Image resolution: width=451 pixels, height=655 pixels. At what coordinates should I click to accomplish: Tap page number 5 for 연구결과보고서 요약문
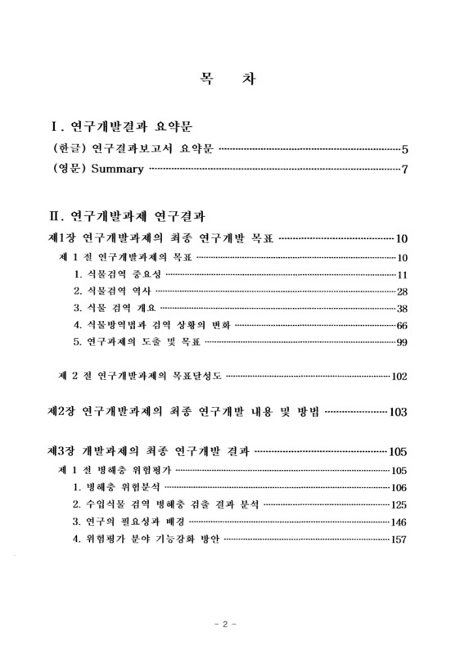404,150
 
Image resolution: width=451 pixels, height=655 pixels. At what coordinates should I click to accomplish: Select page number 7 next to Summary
404,170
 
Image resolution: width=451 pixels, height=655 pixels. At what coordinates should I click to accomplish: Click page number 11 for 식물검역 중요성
401,274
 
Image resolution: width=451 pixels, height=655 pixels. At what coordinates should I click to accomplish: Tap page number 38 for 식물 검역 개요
401,309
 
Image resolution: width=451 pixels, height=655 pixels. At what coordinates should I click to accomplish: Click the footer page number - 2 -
225,625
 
